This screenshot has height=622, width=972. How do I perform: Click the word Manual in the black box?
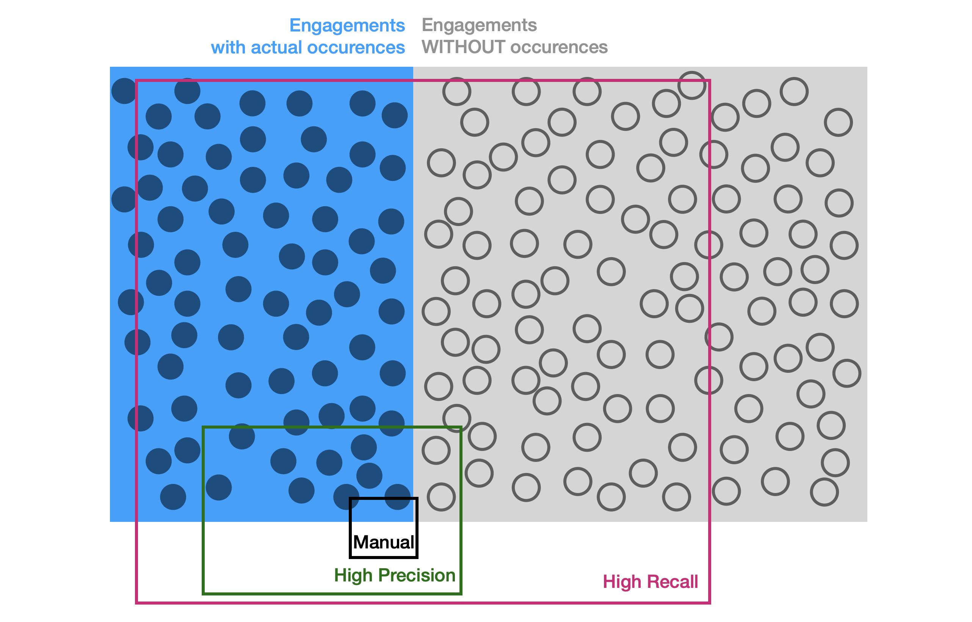(384, 542)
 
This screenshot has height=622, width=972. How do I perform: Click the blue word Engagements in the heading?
(347, 25)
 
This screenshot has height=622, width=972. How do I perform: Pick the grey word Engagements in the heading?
(479, 25)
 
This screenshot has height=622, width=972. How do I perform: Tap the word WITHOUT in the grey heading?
(464, 47)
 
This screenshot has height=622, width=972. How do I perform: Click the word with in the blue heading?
(229, 47)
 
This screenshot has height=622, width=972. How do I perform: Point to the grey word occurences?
(559, 47)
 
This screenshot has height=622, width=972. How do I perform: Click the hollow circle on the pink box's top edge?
(692, 85)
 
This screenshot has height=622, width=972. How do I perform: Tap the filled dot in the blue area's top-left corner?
(124, 91)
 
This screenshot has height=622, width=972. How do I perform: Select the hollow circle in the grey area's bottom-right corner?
(824, 492)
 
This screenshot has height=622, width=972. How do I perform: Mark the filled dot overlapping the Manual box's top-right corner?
(398, 497)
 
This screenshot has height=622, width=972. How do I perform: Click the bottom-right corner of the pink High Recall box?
(709, 603)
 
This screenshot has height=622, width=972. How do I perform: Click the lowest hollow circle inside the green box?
(441, 497)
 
